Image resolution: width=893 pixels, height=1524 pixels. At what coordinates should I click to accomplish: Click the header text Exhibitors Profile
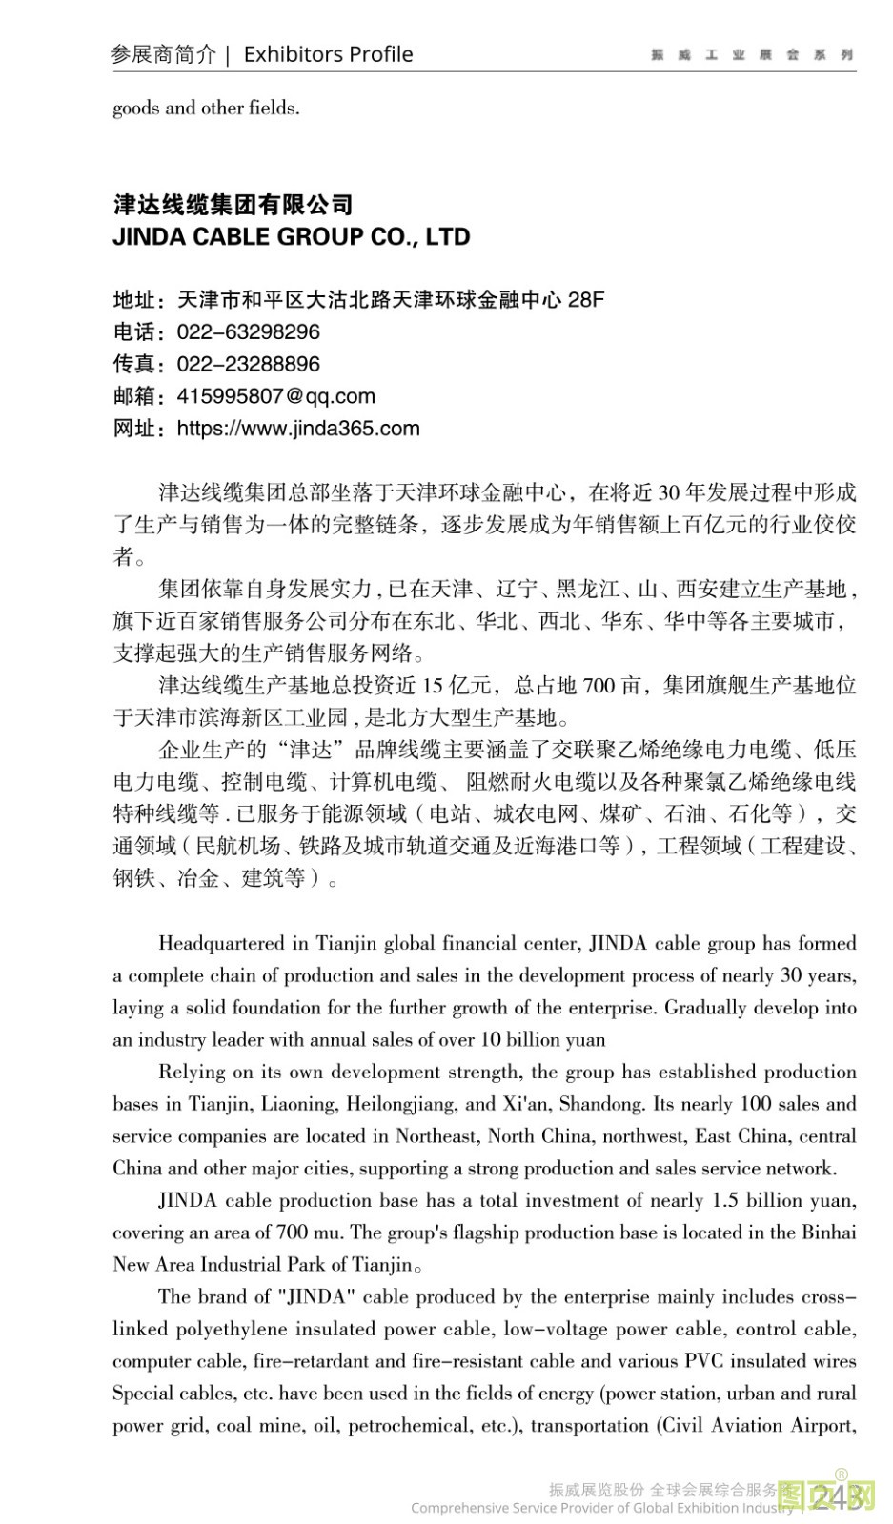328,54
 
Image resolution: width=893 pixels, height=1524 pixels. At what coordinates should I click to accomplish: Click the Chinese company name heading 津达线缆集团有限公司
233,204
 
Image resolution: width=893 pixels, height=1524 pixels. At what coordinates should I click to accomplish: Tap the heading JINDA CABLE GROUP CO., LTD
291,236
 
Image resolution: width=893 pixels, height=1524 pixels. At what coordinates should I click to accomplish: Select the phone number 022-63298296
248,332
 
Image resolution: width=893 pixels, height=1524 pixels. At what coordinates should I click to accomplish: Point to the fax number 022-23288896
248,364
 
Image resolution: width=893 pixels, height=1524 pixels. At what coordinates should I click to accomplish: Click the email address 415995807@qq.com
275,396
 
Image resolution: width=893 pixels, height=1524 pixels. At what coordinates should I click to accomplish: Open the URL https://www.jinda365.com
297,429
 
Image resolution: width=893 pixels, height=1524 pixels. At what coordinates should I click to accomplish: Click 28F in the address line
585,300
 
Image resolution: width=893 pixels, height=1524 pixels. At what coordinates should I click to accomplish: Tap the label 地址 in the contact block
134,300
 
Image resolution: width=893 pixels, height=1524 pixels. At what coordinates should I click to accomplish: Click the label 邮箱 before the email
134,396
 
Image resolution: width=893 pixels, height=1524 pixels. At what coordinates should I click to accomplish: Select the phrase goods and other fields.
206,108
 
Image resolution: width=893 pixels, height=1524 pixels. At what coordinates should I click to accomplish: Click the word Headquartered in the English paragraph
221,944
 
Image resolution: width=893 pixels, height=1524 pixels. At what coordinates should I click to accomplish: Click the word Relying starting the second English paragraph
192,1072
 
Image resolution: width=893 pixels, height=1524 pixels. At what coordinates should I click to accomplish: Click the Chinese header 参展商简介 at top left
163,54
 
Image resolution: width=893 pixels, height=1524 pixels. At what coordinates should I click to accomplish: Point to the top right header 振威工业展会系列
751,55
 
